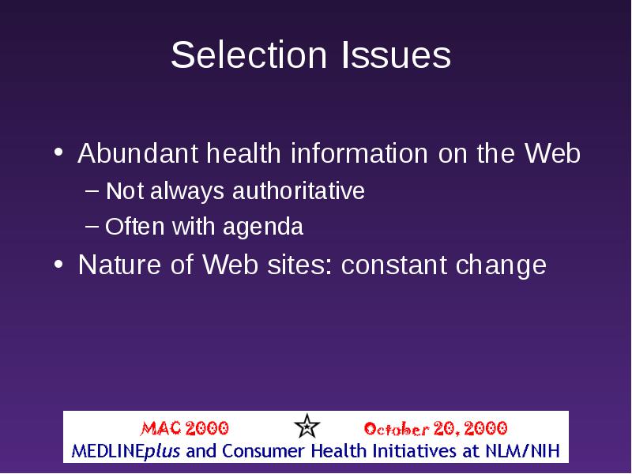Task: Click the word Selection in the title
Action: click(249, 55)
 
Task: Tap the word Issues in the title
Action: click(397, 55)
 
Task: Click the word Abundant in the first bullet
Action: click(137, 153)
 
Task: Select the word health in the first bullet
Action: click(243, 153)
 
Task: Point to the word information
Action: click(359, 153)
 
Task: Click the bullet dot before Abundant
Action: click(58, 152)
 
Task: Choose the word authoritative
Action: click(299, 190)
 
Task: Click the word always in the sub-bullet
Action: click(187, 191)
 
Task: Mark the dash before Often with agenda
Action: click(92, 226)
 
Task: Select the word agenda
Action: click(263, 227)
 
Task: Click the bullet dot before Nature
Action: click(58, 265)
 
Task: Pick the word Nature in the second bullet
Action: click(119, 265)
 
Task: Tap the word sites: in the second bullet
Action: click(299, 265)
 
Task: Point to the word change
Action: click(501, 265)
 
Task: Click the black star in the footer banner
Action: click(307, 426)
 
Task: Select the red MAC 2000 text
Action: click(184, 428)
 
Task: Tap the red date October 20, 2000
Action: click(435, 428)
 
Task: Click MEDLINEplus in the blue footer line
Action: click(126, 451)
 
